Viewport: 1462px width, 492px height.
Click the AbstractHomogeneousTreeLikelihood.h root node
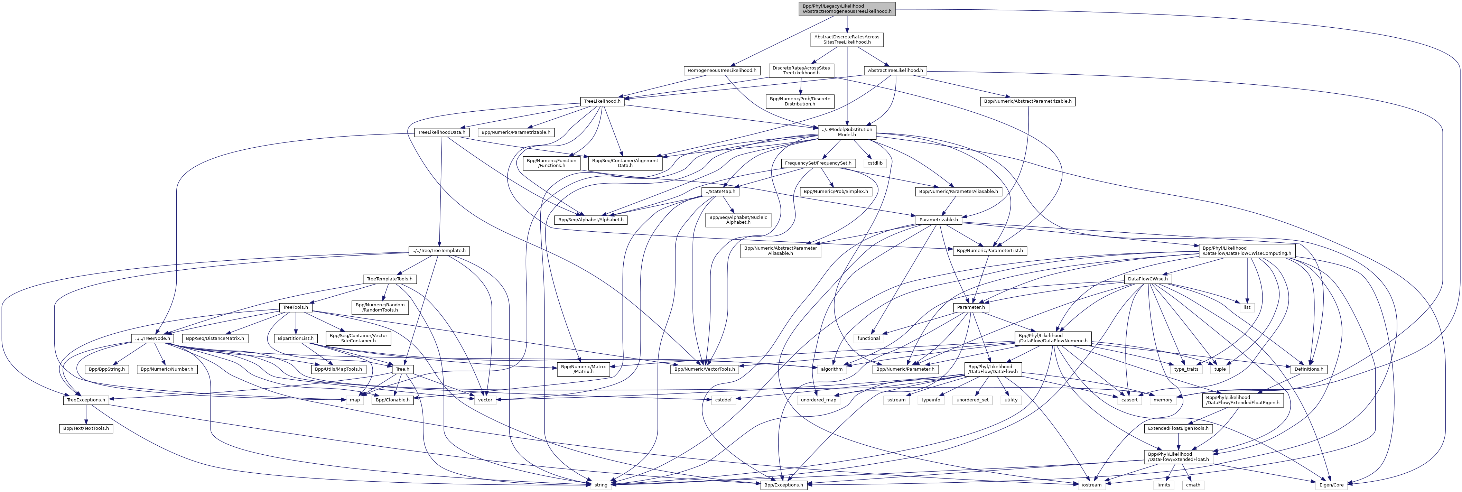click(x=846, y=9)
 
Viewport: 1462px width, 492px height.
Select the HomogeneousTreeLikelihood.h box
click(x=722, y=71)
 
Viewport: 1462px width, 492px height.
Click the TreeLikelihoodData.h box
click(x=441, y=132)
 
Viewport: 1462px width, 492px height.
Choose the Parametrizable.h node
click(x=938, y=220)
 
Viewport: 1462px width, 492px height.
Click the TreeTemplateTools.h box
click(x=389, y=279)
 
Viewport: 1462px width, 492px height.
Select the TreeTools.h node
click(x=295, y=308)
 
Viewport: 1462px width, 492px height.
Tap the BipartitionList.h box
click(x=295, y=338)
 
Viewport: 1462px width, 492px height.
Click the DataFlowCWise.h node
click(x=1147, y=279)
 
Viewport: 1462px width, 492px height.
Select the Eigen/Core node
click(x=1331, y=485)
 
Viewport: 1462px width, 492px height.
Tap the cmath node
click(x=1193, y=485)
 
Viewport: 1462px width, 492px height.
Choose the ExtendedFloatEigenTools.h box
click(x=1178, y=428)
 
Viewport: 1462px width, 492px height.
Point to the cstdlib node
click(x=875, y=164)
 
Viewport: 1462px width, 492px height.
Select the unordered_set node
click(x=972, y=400)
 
